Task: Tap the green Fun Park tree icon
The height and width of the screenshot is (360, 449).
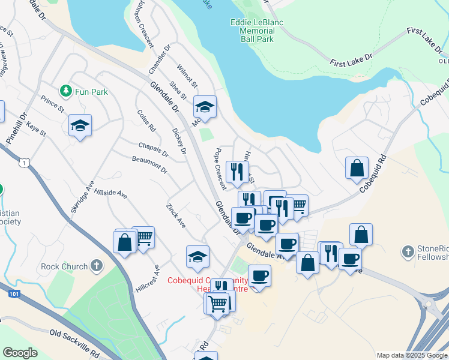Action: pos(65,91)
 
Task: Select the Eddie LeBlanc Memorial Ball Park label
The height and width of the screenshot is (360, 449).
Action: pos(256,31)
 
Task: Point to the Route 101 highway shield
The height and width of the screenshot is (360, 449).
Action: pos(15,295)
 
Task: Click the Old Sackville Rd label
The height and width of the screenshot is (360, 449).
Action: pos(74,343)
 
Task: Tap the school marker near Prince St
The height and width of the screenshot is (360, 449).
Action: pos(80,125)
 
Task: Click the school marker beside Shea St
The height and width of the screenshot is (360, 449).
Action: pos(205,107)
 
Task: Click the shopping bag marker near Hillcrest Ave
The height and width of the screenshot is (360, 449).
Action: pos(124,242)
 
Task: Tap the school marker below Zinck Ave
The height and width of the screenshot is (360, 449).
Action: pos(197,257)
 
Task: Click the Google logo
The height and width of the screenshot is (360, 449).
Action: pos(20,353)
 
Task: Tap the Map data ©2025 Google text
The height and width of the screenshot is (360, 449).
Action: pos(411,355)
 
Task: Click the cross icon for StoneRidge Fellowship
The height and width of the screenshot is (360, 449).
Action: pos(408,250)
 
